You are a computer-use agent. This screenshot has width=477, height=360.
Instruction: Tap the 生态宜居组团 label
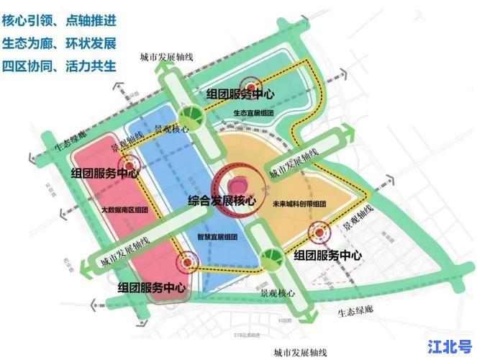pyautogui.click(x=254, y=113)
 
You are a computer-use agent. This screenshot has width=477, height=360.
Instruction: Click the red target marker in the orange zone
pyautogui.click(x=319, y=233)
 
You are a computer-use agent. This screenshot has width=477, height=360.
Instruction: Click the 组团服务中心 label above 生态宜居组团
pyautogui.click(x=240, y=95)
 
